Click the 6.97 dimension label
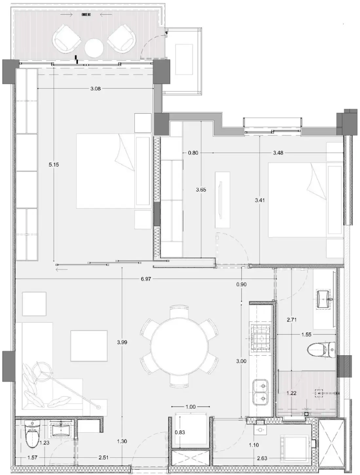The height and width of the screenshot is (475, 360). (146, 279)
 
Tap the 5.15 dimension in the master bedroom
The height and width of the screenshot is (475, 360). (54, 165)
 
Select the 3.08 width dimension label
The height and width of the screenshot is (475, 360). (95, 88)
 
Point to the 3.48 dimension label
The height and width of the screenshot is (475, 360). (278, 153)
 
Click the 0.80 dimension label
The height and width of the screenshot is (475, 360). (193, 153)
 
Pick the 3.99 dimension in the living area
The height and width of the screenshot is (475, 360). (122, 342)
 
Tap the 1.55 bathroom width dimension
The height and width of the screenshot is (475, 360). (306, 335)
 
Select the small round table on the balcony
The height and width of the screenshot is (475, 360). (94, 48)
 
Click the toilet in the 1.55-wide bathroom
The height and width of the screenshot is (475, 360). (321, 349)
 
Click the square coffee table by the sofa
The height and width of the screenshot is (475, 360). (89, 346)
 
